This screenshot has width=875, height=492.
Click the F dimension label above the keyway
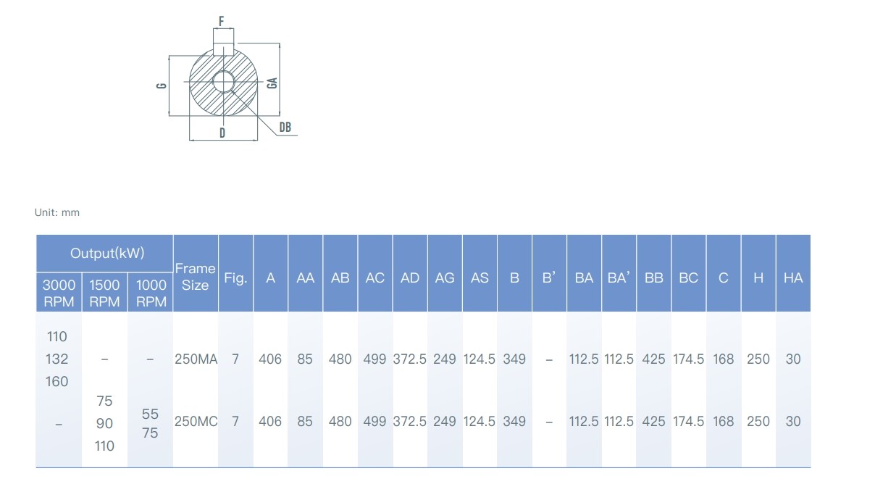point(222,21)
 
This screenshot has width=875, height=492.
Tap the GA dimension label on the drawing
point(272,83)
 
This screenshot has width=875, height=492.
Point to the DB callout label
point(285,127)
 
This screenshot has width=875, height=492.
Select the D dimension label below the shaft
point(222,133)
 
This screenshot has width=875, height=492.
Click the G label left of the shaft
point(162,86)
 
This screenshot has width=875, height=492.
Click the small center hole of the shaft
point(223,82)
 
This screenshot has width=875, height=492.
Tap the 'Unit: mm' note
point(57,212)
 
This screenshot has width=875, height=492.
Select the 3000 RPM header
point(59,293)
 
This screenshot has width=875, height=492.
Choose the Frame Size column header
point(196,277)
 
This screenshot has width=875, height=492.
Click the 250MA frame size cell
point(196,359)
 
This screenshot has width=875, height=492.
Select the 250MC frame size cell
point(196,421)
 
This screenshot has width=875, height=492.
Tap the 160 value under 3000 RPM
point(57,381)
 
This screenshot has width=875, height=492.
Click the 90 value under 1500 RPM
point(104,423)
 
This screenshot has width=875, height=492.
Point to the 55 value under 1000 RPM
point(150,414)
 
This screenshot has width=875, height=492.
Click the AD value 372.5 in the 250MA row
point(410,359)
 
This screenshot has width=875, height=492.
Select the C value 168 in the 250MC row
point(724,421)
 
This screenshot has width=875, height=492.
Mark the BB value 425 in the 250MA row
point(653,359)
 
